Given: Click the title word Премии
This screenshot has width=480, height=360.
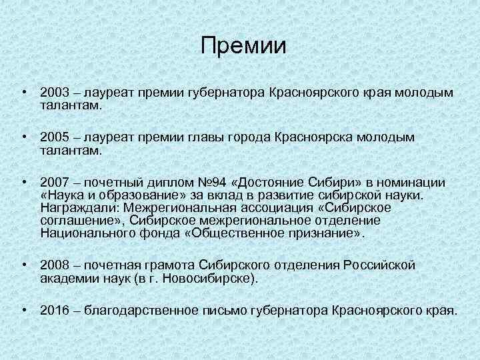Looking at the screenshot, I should pyautogui.click(x=243, y=46).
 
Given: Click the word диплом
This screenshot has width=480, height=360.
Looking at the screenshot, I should pyautogui.click(x=161, y=183).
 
